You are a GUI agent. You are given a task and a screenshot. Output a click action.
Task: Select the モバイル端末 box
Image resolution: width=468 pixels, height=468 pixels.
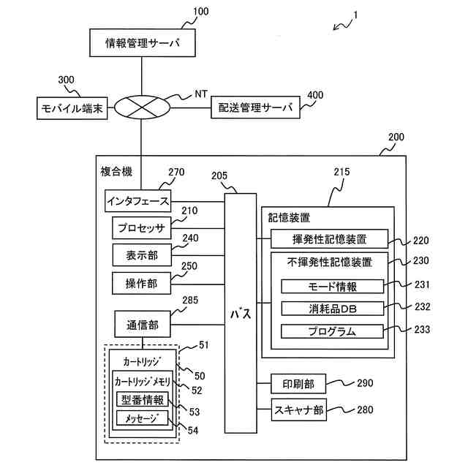pyautogui.click(x=72, y=109)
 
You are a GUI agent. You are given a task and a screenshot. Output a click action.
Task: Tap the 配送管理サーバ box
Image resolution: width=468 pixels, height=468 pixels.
pyautogui.click(x=255, y=108)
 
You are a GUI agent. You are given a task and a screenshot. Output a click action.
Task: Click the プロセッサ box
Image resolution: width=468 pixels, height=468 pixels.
pyautogui.click(x=140, y=228)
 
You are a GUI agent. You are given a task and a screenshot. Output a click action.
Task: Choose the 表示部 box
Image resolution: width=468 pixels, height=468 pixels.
pyautogui.click(x=140, y=254)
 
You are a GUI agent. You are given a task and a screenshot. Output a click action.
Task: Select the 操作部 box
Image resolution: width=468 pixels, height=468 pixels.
pyautogui.click(x=140, y=282)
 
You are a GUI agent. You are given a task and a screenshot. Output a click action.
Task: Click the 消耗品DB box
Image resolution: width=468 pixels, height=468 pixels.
pyautogui.click(x=332, y=308)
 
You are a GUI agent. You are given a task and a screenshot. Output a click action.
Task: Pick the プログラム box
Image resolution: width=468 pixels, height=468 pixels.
pyautogui.click(x=332, y=331)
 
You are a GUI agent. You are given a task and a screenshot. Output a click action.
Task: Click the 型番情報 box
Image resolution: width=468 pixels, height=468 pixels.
pyautogui.click(x=142, y=399)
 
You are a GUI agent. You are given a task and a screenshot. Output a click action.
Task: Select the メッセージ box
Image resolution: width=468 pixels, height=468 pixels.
pyautogui.click(x=142, y=418)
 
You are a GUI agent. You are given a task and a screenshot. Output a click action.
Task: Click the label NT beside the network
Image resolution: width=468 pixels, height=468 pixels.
pyautogui.click(x=201, y=94)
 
